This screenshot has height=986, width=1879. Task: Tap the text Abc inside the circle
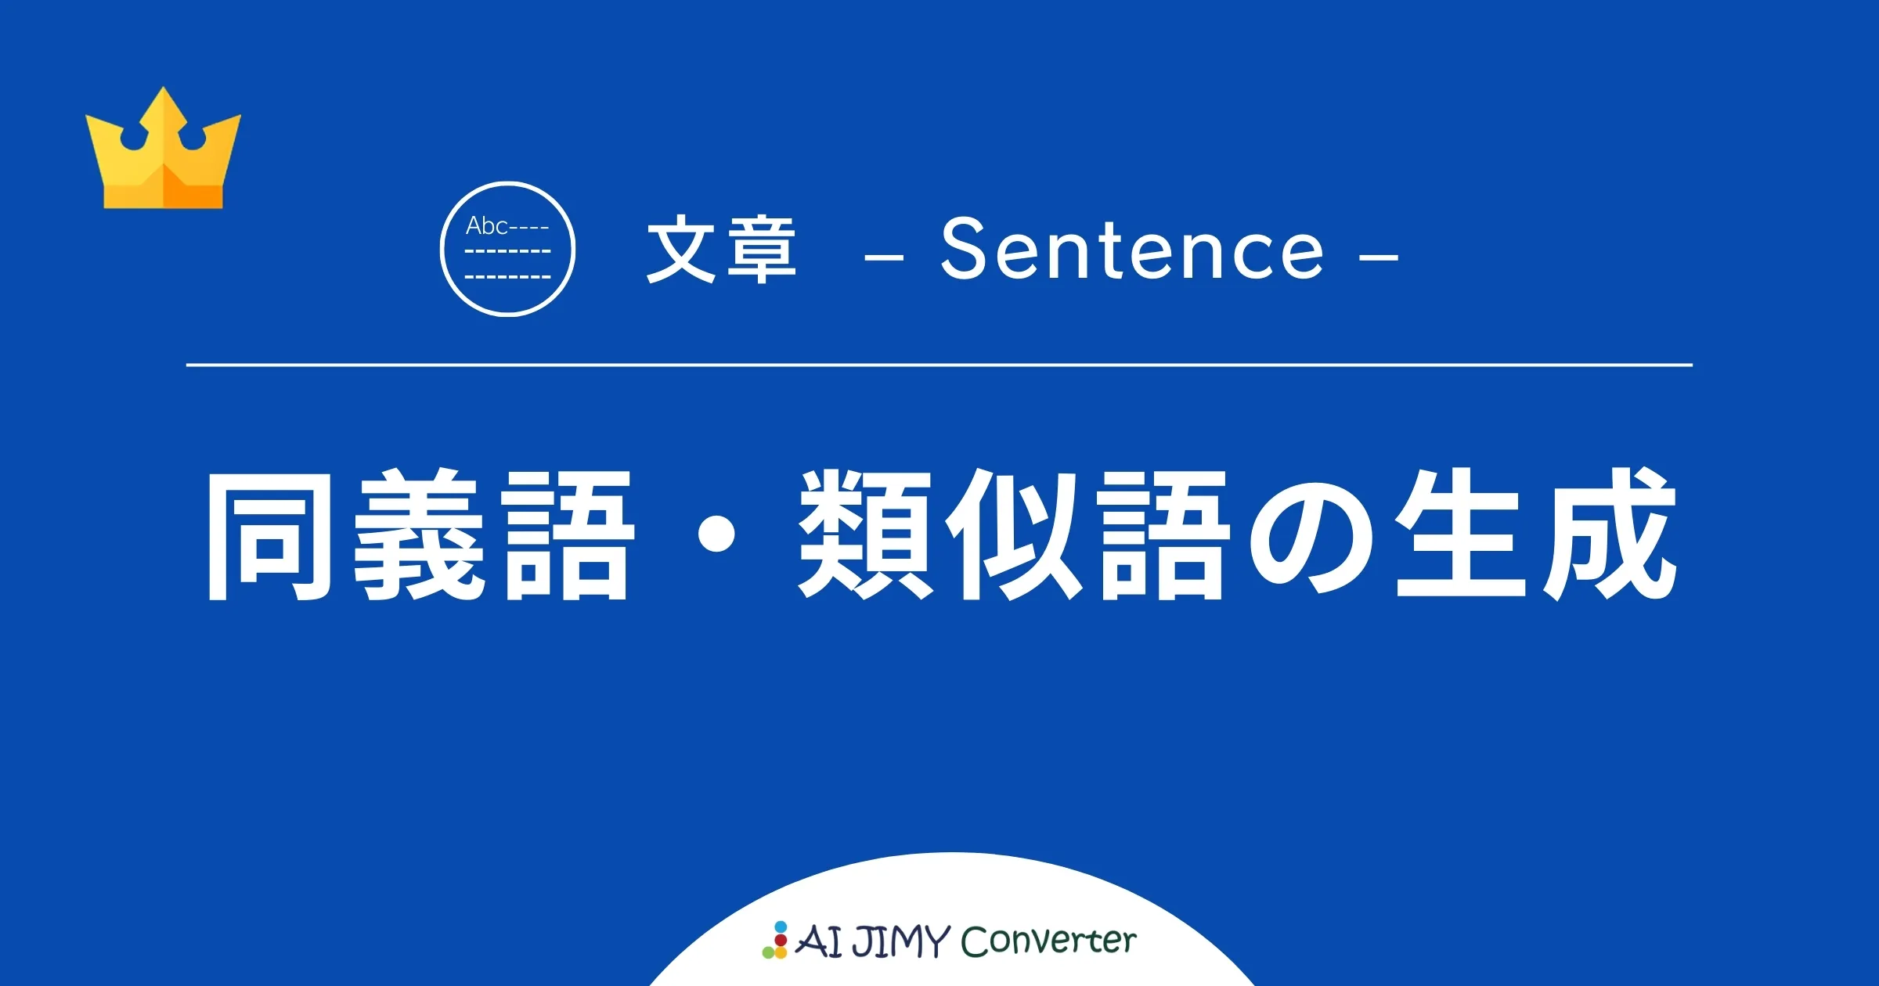click(486, 226)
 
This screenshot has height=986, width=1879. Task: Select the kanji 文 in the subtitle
click(681, 249)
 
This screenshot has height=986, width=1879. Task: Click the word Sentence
click(1132, 249)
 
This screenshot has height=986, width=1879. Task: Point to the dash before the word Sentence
click(884, 255)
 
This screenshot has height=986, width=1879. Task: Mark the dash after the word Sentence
click(1379, 255)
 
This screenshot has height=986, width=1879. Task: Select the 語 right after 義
click(568, 535)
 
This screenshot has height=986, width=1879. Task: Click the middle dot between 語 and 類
click(716, 535)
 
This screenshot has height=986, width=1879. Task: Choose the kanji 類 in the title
click(865, 535)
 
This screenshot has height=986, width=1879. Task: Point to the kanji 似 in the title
click(1014, 535)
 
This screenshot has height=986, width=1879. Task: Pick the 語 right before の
click(1163, 535)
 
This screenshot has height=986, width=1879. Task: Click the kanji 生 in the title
click(1460, 535)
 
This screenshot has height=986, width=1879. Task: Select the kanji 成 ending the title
click(1609, 535)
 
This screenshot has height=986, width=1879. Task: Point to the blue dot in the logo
click(781, 927)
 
